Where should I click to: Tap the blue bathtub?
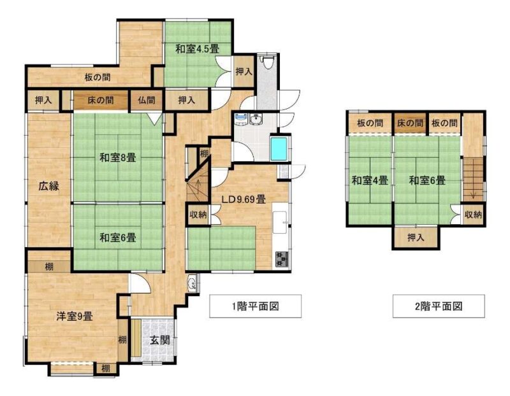point(279,148)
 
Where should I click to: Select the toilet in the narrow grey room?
point(268,62)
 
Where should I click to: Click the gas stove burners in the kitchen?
point(282,259)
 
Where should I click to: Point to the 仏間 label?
point(146,100)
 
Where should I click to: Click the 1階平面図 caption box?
point(256,306)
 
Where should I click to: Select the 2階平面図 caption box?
point(439,306)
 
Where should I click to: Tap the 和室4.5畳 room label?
point(197,49)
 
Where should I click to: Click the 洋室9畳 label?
point(75,316)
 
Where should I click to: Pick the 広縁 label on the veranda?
point(49,186)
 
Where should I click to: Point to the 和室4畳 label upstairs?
point(370,180)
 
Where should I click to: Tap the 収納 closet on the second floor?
point(473,215)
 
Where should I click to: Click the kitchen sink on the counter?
point(280,223)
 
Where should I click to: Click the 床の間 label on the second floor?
point(410,123)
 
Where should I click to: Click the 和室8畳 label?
point(117,158)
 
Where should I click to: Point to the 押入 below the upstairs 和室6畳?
point(416,237)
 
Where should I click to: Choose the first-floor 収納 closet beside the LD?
point(198,215)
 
